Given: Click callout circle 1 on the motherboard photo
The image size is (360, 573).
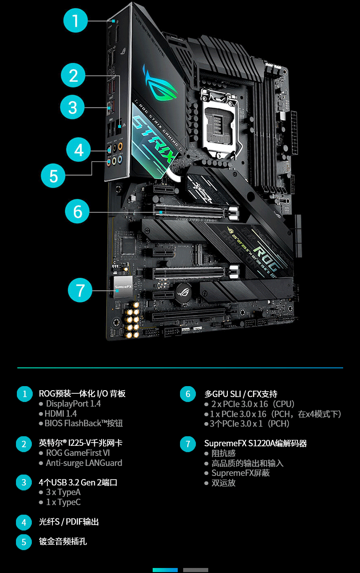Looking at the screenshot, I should tap(76, 21).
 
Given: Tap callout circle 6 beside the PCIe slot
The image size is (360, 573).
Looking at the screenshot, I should tap(77, 212).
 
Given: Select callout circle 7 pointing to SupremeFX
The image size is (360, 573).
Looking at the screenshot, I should tap(80, 290).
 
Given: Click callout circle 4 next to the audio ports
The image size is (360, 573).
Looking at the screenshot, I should tap(79, 150).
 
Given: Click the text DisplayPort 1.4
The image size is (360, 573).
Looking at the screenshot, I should tap(73, 404).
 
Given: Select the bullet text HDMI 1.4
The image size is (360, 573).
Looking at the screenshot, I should tap(61, 414).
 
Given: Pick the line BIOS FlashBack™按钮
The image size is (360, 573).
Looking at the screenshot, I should tap(84, 423).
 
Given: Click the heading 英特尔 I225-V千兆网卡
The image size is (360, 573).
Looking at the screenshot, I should tap(80, 443).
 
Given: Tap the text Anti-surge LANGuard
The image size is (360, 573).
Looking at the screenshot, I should tap(84, 463).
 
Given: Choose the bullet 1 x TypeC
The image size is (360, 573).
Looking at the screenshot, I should tap(63, 502).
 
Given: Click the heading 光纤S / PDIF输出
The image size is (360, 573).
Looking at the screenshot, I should tap(68, 522).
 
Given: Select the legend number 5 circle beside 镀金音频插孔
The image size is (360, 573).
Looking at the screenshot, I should tap(24, 542).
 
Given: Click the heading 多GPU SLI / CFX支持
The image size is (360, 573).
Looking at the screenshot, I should tap(241, 394).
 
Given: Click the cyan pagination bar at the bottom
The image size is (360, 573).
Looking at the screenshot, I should tap(165, 570).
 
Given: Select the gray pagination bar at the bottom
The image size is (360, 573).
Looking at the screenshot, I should tap(195, 570).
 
